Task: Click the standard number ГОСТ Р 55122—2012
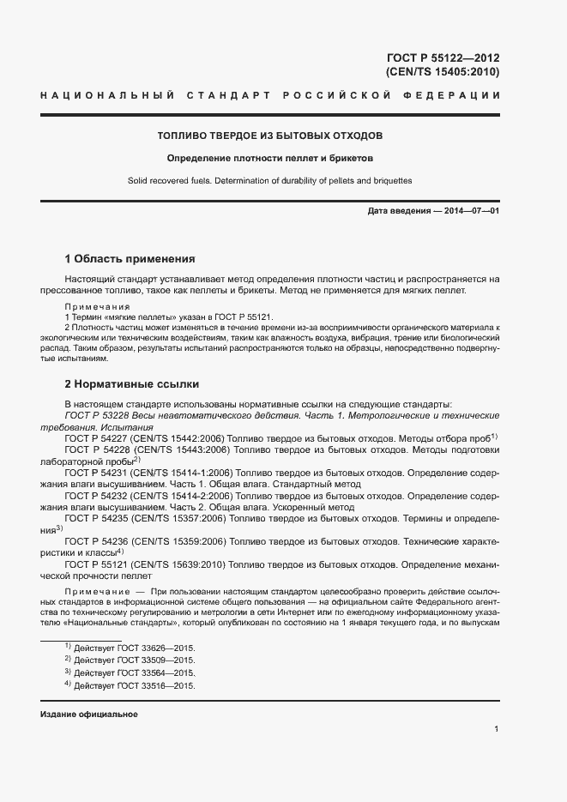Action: click(x=443, y=58)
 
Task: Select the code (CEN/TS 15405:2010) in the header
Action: click(x=443, y=72)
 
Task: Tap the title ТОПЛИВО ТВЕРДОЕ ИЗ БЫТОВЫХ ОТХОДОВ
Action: click(x=269, y=136)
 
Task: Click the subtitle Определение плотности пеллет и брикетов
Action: click(x=269, y=159)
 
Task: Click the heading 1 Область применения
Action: click(x=130, y=258)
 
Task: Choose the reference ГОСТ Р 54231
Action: click(x=95, y=473)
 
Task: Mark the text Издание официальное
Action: click(x=89, y=715)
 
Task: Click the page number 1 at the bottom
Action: click(x=497, y=729)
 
